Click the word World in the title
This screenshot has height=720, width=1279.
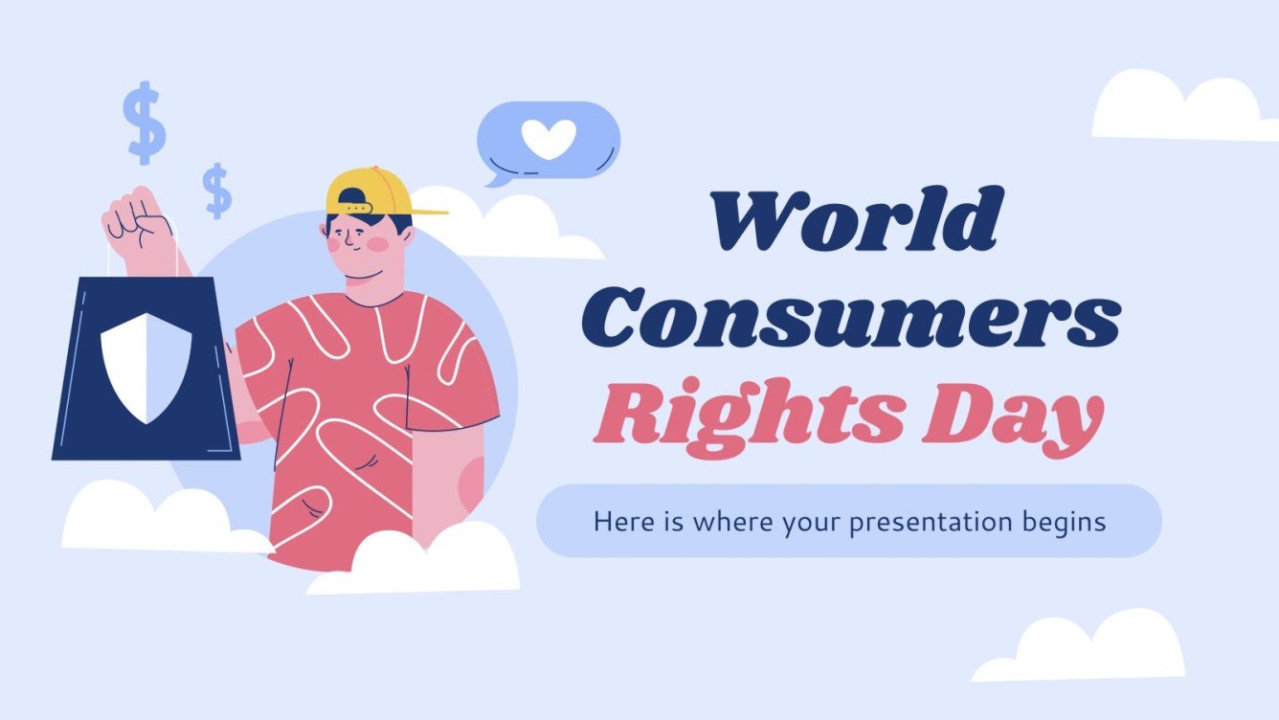coord(854,223)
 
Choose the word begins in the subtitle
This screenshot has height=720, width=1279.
coord(1064,523)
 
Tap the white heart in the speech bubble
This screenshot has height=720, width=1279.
coord(549,140)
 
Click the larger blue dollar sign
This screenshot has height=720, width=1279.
coord(145,122)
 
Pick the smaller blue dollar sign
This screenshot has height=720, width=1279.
coord(218,191)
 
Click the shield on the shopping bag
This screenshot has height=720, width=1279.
coord(146,366)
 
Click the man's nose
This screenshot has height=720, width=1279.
coord(351,242)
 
